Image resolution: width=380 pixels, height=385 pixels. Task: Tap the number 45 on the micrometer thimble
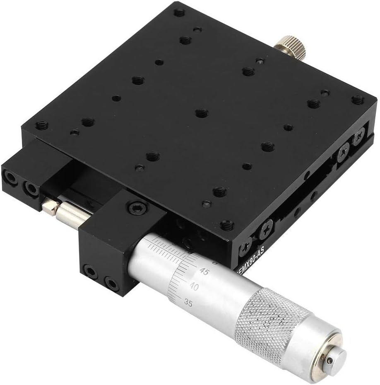coord(204,272)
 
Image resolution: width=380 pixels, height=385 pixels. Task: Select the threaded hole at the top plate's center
coord(201,112)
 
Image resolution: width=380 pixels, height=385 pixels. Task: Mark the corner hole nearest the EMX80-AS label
coord(226,225)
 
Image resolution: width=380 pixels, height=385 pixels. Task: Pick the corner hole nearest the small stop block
coord(42,125)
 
